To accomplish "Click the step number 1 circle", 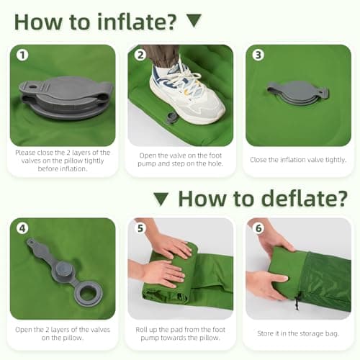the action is (22, 55).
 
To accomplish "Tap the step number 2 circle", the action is (140, 55).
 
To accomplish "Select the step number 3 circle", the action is (258, 55).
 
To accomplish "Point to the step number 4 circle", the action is (22, 228).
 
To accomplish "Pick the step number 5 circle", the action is (140, 228).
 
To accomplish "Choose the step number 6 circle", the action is (258, 228).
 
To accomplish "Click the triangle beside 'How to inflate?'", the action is (194, 20).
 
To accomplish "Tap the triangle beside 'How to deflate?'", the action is (161, 199).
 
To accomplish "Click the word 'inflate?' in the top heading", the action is (137, 22).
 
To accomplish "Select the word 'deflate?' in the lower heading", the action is (304, 199).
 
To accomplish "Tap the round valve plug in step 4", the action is (63, 270).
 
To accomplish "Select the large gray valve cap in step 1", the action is (66, 97).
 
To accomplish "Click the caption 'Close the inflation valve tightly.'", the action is (298, 160).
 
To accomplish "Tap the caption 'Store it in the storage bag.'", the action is (298, 333).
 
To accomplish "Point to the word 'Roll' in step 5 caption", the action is (140, 330).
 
